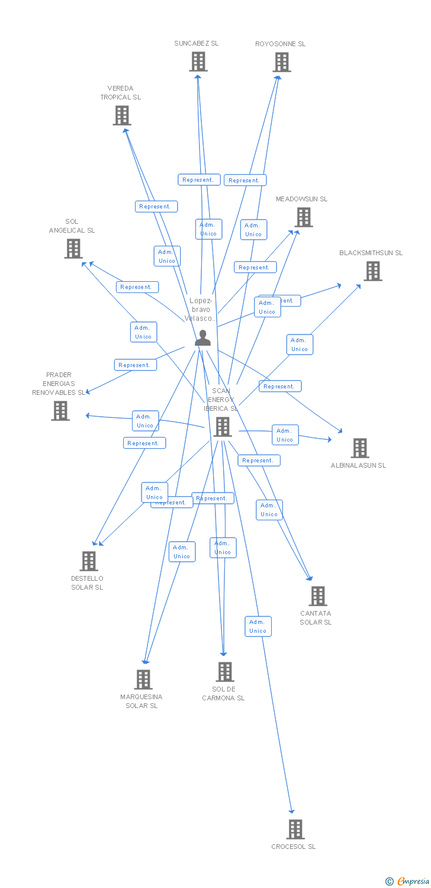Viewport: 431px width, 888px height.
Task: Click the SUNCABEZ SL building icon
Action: tap(198, 62)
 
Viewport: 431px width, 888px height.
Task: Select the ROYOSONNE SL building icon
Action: tap(282, 62)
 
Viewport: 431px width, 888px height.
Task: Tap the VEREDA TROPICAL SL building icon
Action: tap(122, 115)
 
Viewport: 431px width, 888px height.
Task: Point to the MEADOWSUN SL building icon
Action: tap(304, 217)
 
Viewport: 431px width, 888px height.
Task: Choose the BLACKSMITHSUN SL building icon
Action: tap(372, 271)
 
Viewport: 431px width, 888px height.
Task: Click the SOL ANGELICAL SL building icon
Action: tap(73, 249)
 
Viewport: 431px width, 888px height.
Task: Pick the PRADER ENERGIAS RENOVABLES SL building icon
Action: tap(60, 410)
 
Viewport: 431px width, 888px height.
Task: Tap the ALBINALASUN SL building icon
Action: tap(359, 448)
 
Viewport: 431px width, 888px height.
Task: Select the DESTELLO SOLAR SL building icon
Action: tap(88, 561)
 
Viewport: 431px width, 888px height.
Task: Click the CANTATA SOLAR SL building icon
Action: tap(318, 596)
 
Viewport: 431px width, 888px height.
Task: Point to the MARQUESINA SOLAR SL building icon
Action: tap(143, 679)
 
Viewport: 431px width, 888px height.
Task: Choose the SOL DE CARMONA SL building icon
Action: tap(224, 671)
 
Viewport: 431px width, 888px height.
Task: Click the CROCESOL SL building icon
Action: tap(295, 829)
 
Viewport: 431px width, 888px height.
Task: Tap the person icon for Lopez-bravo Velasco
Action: tap(202, 338)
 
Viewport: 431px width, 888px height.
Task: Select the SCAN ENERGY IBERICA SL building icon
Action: tap(223, 426)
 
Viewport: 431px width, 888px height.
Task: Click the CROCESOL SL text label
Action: tap(294, 847)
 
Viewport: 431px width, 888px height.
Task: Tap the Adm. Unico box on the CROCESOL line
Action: tap(258, 626)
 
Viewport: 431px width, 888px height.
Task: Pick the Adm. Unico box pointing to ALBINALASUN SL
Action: tap(285, 435)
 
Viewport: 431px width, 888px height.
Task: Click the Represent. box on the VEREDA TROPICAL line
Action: tap(156, 207)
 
